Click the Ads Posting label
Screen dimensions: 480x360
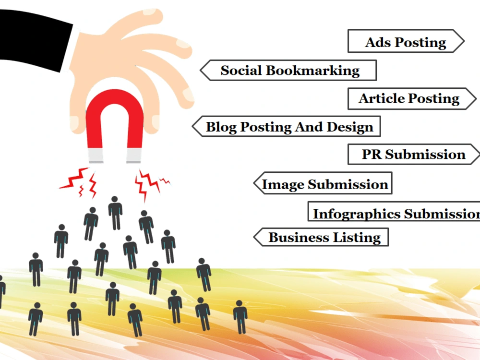point(406,41)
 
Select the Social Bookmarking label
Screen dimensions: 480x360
point(288,71)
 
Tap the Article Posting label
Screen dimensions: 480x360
point(412,98)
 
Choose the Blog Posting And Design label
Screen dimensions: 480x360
point(286,126)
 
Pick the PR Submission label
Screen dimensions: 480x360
point(414,154)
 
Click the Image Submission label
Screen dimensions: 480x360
point(323,183)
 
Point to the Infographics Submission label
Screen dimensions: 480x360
point(394,211)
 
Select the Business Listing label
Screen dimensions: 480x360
point(321,237)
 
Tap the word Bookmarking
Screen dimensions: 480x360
point(312,71)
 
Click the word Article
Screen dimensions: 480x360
point(382,98)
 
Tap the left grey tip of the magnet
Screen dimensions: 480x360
point(96,156)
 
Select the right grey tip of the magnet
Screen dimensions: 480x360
point(134,156)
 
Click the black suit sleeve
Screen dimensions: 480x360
point(34,40)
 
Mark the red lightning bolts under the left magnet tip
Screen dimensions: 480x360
point(79,182)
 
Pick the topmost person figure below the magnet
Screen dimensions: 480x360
point(115,213)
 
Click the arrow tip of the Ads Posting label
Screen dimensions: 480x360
point(464,41)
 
